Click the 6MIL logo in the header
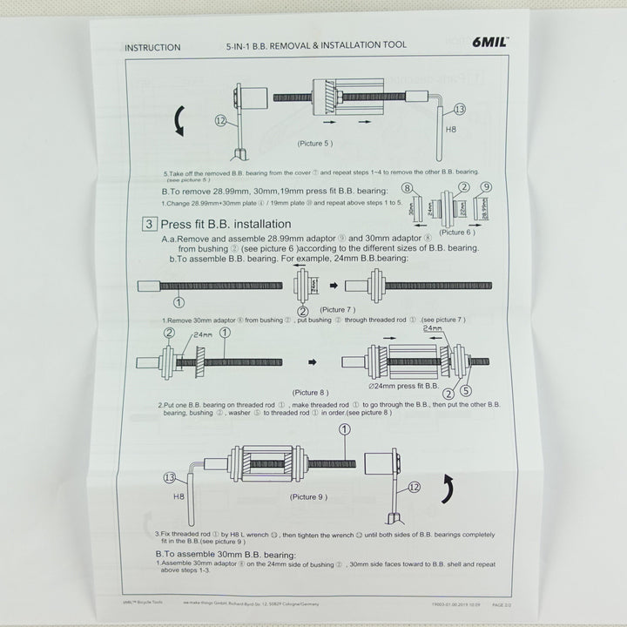[489, 42]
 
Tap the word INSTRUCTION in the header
[152, 47]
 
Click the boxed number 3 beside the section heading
[149, 224]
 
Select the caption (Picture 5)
[314, 142]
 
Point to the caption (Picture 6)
[458, 233]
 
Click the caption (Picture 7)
[338, 309]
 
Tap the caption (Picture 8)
[311, 392]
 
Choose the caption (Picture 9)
[308, 496]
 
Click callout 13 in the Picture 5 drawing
[460, 109]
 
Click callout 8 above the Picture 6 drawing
[405, 188]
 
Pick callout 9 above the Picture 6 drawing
[487, 187]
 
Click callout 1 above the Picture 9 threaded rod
[344, 429]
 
